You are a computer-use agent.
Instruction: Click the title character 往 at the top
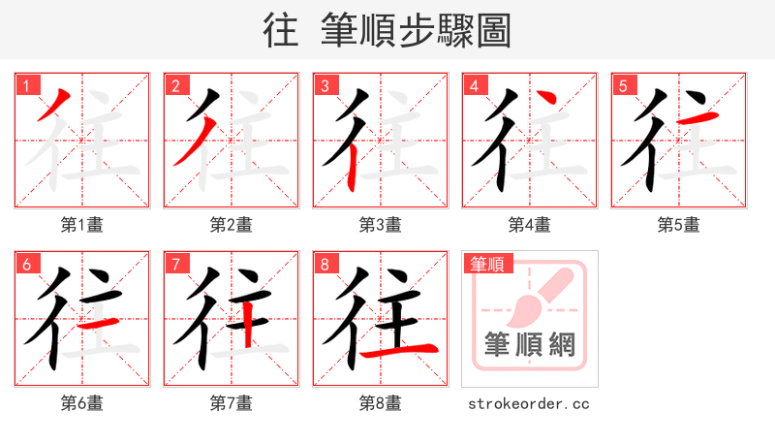click(281, 31)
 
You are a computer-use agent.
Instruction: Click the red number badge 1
click(26, 85)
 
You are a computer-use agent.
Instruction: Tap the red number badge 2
click(175, 85)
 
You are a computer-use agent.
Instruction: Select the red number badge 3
click(325, 85)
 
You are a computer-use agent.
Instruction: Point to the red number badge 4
click(474, 85)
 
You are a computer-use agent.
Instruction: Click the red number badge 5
click(623, 85)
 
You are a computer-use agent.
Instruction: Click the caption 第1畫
click(81, 225)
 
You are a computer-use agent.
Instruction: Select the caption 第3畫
click(380, 225)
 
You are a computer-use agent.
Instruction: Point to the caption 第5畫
click(678, 225)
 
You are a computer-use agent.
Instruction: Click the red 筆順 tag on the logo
click(488, 264)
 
